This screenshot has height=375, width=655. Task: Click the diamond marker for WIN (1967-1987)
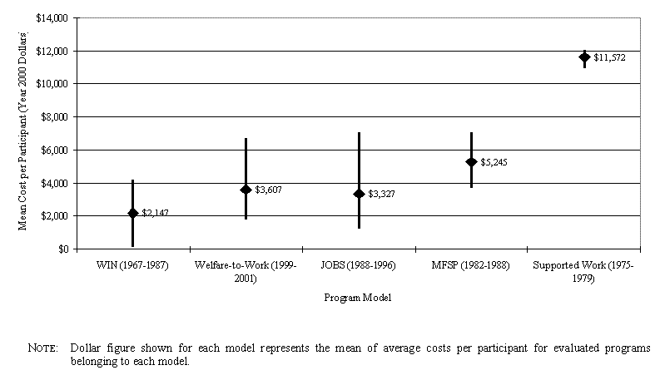(x=132, y=214)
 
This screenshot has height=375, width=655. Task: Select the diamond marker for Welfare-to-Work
(x=246, y=190)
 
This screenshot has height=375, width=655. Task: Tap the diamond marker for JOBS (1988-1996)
(x=359, y=194)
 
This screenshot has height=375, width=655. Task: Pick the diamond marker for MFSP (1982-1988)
(x=471, y=162)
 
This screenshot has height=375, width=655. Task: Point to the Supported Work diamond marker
(x=584, y=57)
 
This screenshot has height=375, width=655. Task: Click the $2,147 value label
(x=155, y=214)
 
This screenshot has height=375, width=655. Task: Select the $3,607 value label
(x=268, y=190)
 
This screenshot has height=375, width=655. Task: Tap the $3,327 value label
(x=381, y=194)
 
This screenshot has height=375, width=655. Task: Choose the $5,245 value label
(x=494, y=162)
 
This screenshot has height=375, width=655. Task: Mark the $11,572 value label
(x=609, y=57)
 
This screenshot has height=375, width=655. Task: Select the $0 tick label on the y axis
(x=64, y=249)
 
